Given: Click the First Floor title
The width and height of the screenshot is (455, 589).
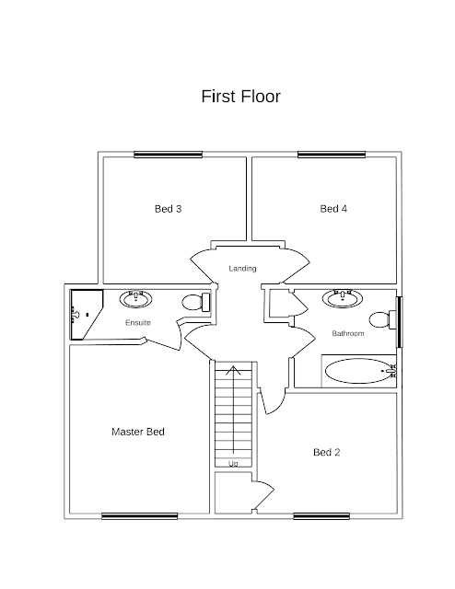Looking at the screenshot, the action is (x=240, y=96).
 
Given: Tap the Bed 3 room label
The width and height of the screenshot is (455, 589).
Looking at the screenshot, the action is (x=168, y=209).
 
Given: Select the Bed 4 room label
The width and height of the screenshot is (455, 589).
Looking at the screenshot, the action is (x=333, y=209).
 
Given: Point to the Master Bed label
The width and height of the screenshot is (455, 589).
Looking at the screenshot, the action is (x=138, y=432).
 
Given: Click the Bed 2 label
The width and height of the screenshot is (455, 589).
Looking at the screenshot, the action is (x=326, y=452).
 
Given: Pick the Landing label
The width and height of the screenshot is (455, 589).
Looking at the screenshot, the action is (x=242, y=269).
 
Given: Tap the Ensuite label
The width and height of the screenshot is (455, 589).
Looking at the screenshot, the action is (x=138, y=323).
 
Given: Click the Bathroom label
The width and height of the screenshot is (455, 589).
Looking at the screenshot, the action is (x=348, y=333).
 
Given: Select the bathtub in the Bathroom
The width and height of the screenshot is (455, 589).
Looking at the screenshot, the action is (x=360, y=371).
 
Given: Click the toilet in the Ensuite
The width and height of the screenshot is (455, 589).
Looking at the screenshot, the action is (x=196, y=302).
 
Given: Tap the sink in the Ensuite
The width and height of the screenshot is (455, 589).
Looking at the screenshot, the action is (x=135, y=299).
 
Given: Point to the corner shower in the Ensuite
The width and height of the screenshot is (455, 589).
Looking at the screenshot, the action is (x=87, y=315).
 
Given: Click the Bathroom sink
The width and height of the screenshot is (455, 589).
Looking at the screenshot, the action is (x=343, y=298).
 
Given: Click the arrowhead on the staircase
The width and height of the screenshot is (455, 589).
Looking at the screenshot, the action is (x=234, y=370).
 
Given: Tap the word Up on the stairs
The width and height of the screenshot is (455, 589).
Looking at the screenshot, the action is (x=233, y=464).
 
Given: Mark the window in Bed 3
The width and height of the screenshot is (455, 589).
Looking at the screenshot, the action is (x=168, y=155).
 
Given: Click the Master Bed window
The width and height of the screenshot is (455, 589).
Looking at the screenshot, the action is (x=139, y=516).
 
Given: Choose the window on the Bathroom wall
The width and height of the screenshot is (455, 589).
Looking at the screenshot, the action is (x=400, y=322).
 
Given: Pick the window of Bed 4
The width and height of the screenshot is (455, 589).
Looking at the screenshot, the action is (x=332, y=155).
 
